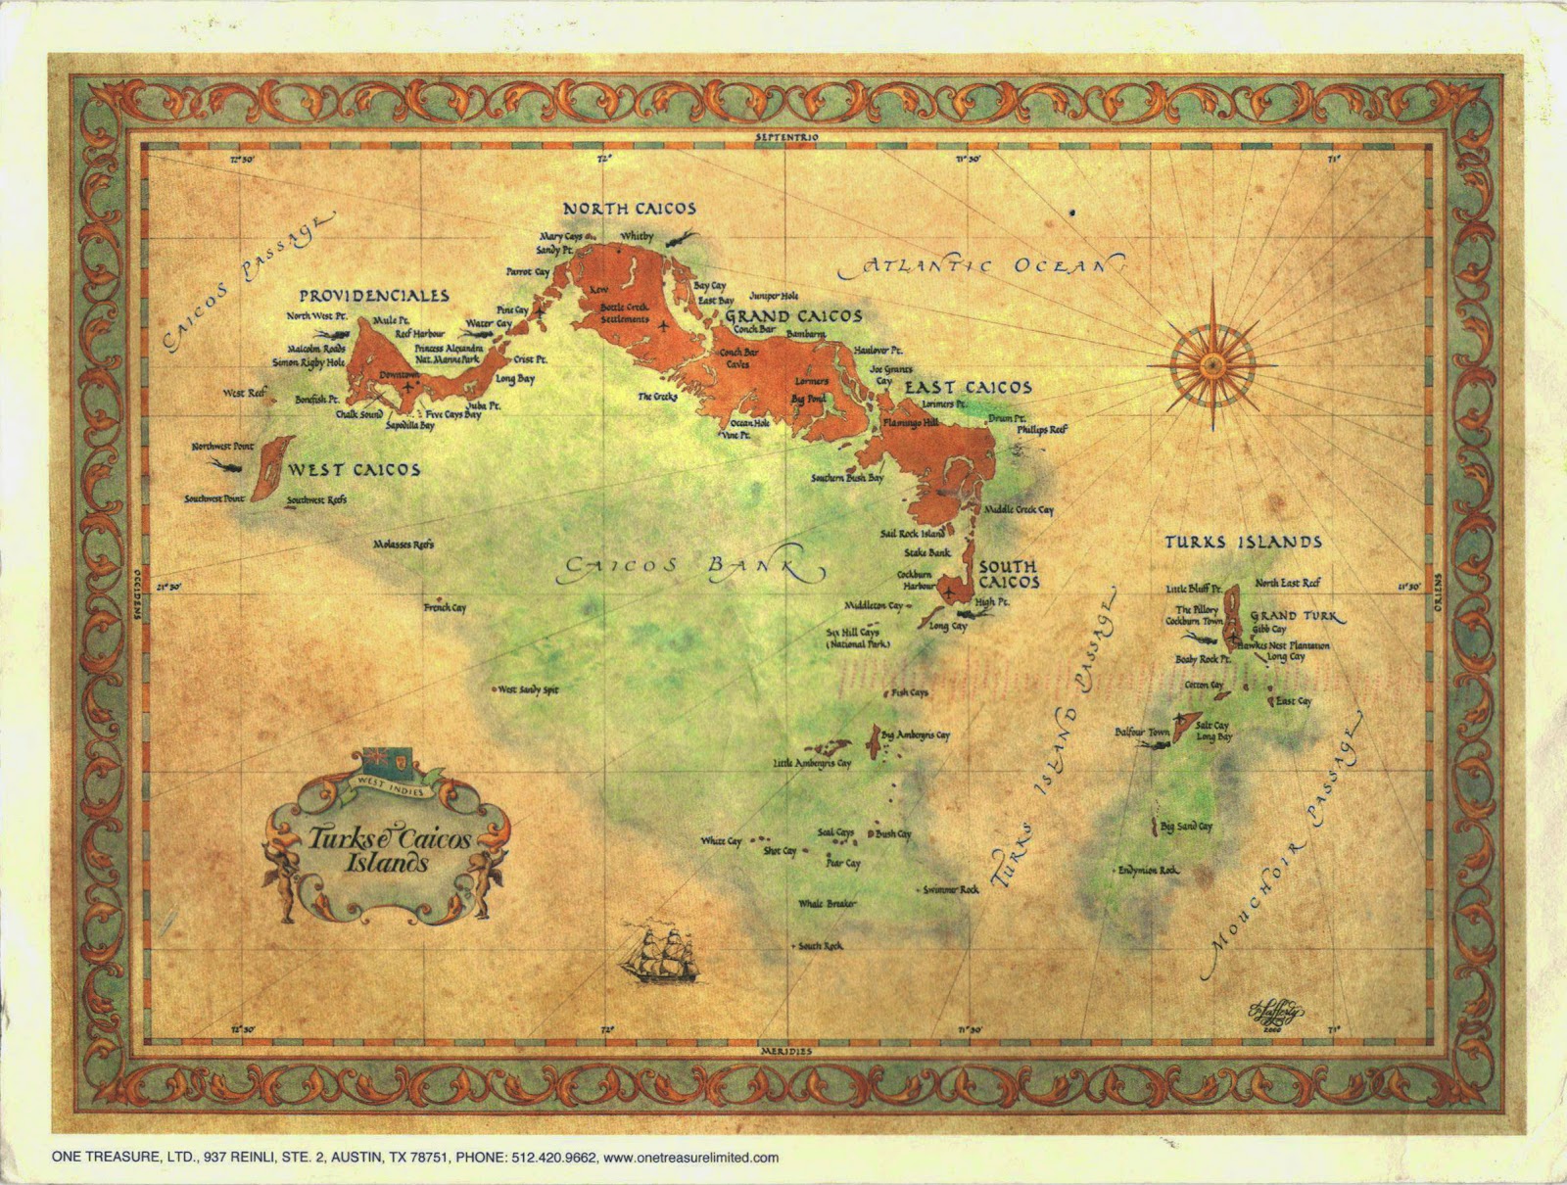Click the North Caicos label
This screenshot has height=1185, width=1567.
tap(630, 209)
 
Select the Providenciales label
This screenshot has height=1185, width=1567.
tap(374, 296)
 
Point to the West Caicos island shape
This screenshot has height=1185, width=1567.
tap(267, 469)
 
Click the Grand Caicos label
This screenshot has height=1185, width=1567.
tap(793, 316)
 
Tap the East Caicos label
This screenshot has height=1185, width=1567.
tap(968, 388)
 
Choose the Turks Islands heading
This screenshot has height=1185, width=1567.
tap(1243, 542)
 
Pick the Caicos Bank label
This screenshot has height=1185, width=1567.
tap(686, 567)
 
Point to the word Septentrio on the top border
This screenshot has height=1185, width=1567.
tap(785, 139)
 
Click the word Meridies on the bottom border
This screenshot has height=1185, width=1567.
tap(786, 1051)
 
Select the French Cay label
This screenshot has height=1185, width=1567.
tap(446, 608)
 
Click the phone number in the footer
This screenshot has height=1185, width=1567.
tap(553, 1157)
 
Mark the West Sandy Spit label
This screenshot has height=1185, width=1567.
tap(528, 689)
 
